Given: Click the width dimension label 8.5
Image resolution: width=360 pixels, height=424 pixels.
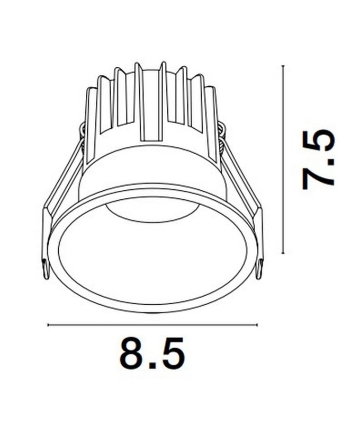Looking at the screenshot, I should coord(152,353).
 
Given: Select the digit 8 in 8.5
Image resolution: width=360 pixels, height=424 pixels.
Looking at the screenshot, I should coord(131,353).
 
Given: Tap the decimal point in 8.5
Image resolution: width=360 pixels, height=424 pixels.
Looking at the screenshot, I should coord(152,365).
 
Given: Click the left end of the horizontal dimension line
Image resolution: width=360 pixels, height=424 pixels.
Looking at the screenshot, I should coord(48,325).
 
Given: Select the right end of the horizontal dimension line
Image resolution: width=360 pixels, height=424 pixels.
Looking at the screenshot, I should coord(257,325).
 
